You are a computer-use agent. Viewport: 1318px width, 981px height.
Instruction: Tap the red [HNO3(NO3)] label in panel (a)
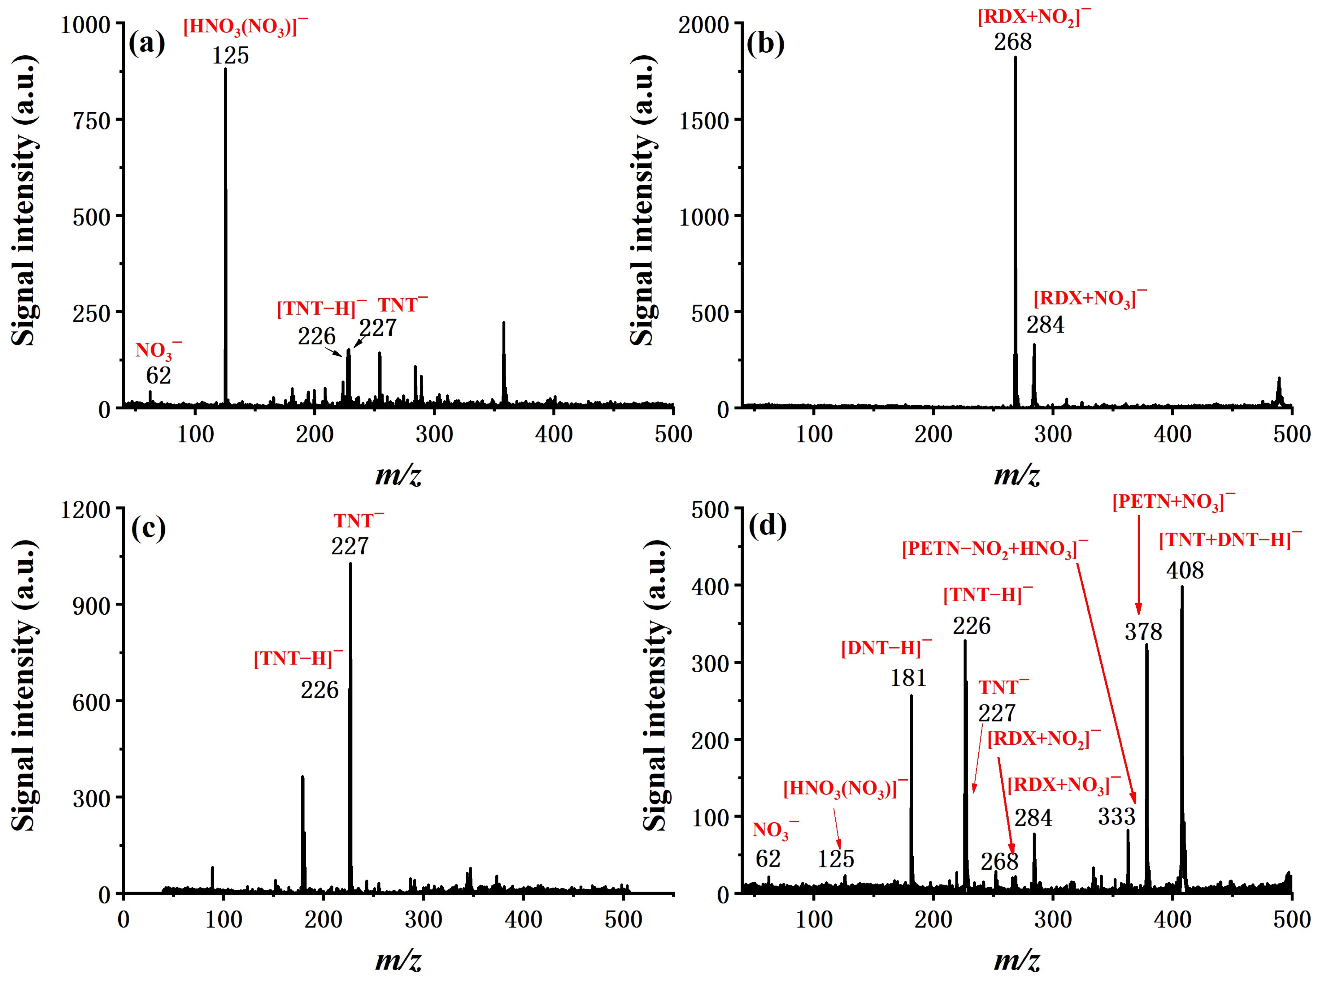[246, 27]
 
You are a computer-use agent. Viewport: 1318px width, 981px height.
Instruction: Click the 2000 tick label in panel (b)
[703, 25]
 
